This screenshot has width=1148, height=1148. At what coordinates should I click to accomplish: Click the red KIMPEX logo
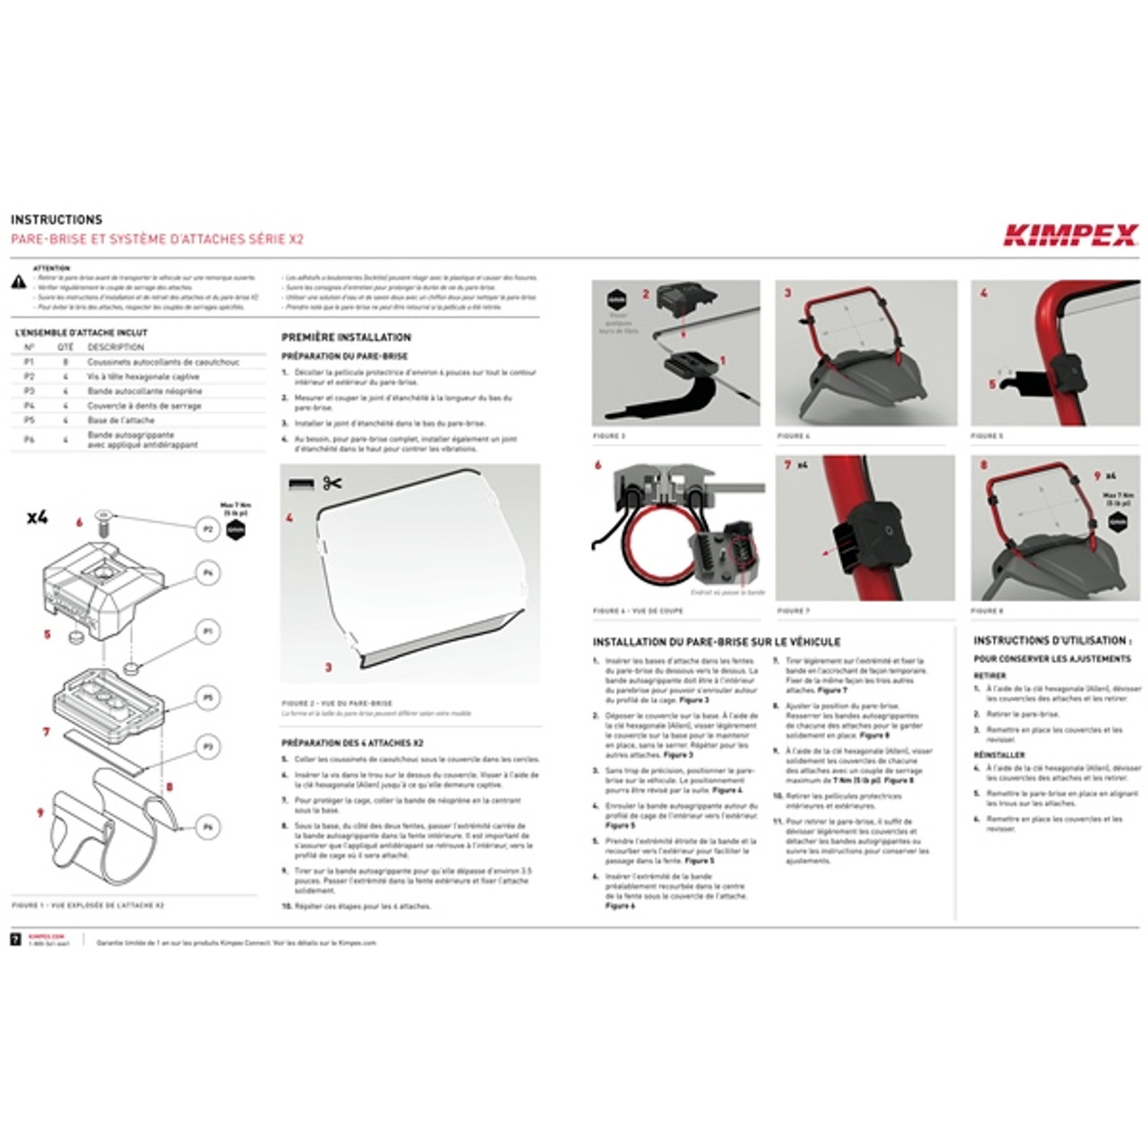tap(1070, 235)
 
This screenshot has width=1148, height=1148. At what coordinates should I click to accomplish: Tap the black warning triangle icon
tap(18, 283)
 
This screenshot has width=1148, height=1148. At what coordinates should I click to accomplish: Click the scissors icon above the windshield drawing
tap(332, 483)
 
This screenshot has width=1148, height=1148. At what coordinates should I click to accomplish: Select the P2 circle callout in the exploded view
tap(207, 529)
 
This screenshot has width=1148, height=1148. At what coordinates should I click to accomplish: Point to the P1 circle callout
tap(207, 632)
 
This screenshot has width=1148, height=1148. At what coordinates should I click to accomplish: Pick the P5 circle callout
tap(207, 698)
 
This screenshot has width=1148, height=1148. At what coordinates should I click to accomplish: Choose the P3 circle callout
tap(207, 746)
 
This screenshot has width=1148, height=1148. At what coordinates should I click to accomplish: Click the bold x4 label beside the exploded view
tap(37, 517)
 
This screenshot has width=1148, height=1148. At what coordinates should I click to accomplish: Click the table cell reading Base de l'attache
tap(121, 420)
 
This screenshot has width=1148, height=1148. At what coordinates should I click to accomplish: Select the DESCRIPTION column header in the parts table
tap(116, 347)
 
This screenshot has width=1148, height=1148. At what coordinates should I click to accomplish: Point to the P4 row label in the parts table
tap(29, 405)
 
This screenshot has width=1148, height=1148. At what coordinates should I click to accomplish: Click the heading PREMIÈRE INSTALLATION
tap(346, 337)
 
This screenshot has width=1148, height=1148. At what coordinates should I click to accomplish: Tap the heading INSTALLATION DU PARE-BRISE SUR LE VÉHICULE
tap(717, 642)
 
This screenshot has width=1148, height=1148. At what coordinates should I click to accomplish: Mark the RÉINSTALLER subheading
tap(999, 755)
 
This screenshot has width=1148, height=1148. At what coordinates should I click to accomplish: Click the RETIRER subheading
tap(990, 675)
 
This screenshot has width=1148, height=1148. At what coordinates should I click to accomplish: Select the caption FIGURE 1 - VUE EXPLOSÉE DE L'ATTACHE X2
tap(88, 905)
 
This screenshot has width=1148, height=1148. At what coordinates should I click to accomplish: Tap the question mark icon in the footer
tap(15, 939)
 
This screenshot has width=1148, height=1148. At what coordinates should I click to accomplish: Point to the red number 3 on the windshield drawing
tap(328, 667)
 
